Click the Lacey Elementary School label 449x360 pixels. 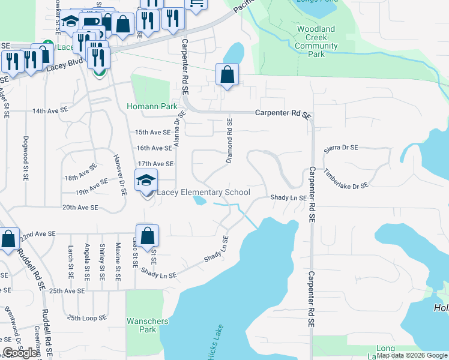(203, 193)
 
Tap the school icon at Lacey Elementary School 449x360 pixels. (145, 180)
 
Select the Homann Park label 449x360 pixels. (152, 107)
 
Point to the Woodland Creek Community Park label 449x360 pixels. (316, 41)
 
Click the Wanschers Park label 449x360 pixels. (147, 325)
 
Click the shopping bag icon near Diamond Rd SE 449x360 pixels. (228, 75)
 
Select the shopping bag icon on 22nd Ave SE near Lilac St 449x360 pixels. (148, 236)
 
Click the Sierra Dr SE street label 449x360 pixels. (340, 148)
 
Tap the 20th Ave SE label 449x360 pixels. (80, 208)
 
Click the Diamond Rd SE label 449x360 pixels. (229, 141)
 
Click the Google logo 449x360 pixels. (20, 352)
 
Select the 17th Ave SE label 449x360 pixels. (155, 164)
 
